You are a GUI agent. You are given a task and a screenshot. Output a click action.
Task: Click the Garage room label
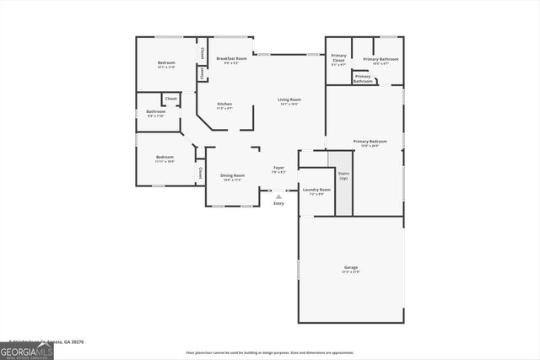click(x=351, y=268)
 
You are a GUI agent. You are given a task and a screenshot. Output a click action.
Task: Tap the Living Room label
click(x=289, y=100)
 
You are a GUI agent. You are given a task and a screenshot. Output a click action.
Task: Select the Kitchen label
click(x=224, y=105)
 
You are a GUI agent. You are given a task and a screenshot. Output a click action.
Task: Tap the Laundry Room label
click(x=316, y=191)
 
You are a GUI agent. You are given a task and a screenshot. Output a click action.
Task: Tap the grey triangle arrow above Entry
click(x=278, y=196)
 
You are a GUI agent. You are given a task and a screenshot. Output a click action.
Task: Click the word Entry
click(x=278, y=203)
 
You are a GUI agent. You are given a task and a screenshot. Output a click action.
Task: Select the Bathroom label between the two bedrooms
click(x=155, y=112)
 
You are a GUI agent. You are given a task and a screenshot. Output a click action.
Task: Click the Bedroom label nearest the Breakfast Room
click(x=166, y=64)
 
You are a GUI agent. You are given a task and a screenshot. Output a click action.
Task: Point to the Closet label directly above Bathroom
click(x=170, y=99)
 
